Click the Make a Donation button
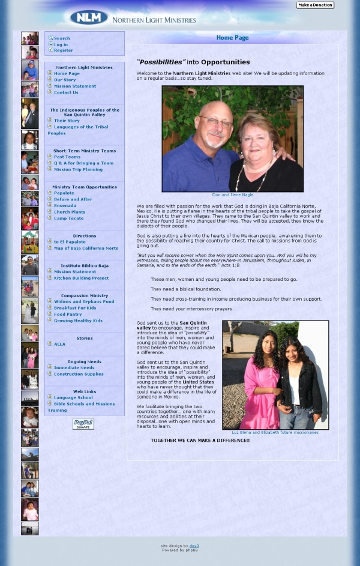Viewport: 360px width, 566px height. point(315,5)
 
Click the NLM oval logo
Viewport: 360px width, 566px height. point(89,18)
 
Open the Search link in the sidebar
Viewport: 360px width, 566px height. point(62,38)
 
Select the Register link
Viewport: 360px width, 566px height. point(64,50)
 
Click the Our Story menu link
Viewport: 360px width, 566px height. point(65,80)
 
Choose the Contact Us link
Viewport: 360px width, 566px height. point(66,92)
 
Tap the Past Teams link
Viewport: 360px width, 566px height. point(67,157)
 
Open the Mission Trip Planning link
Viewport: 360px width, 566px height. point(78,169)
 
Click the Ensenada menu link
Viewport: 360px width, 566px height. point(65,205)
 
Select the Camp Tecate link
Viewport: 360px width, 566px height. point(68,218)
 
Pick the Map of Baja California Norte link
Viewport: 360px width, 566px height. point(86,248)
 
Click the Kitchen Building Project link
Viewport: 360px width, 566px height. point(81,278)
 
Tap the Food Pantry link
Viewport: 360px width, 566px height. point(68,314)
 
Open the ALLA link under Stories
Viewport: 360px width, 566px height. point(59,344)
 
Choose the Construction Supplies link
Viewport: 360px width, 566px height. point(79,374)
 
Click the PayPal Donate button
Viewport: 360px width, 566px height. point(83,424)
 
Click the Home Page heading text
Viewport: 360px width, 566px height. point(232,38)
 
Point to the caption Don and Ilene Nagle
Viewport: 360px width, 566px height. point(232,195)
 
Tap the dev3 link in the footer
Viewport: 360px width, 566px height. point(194,546)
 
